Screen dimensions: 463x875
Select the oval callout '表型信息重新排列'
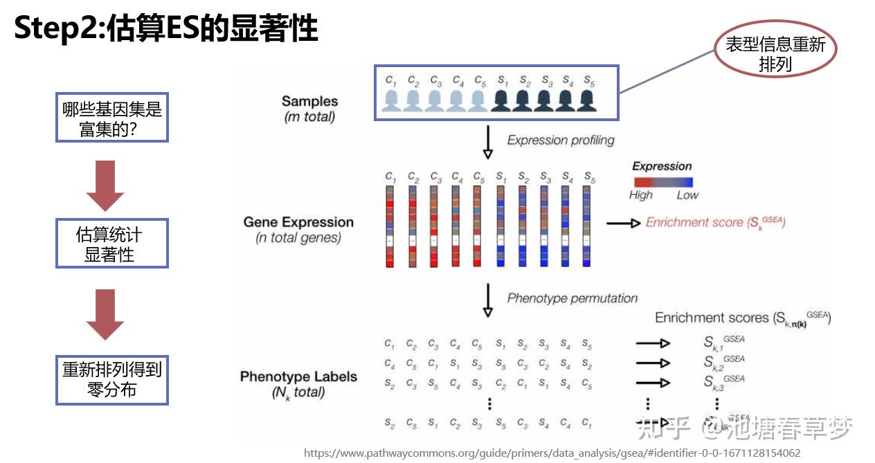coord(775,55)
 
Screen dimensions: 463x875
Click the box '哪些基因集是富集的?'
coord(111,118)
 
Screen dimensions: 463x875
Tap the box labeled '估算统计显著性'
coord(111,244)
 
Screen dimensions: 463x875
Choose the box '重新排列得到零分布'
coord(111,379)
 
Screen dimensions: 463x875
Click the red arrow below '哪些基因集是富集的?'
coord(105,185)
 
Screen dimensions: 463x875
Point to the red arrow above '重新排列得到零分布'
coord(105,314)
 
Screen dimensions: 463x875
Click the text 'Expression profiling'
coord(561,140)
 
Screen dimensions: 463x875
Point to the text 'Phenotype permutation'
coord(572,298)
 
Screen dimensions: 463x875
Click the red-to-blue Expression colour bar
coord(662,181)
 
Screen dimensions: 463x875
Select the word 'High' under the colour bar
coord(640,195)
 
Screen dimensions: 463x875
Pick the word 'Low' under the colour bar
coord(687,195)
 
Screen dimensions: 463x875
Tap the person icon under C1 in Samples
coord(391,100)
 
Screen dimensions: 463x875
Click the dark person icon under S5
coord(588,100)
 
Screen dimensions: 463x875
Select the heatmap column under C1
coord(391,226)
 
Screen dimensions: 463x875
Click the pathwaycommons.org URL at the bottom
coord(552,453)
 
